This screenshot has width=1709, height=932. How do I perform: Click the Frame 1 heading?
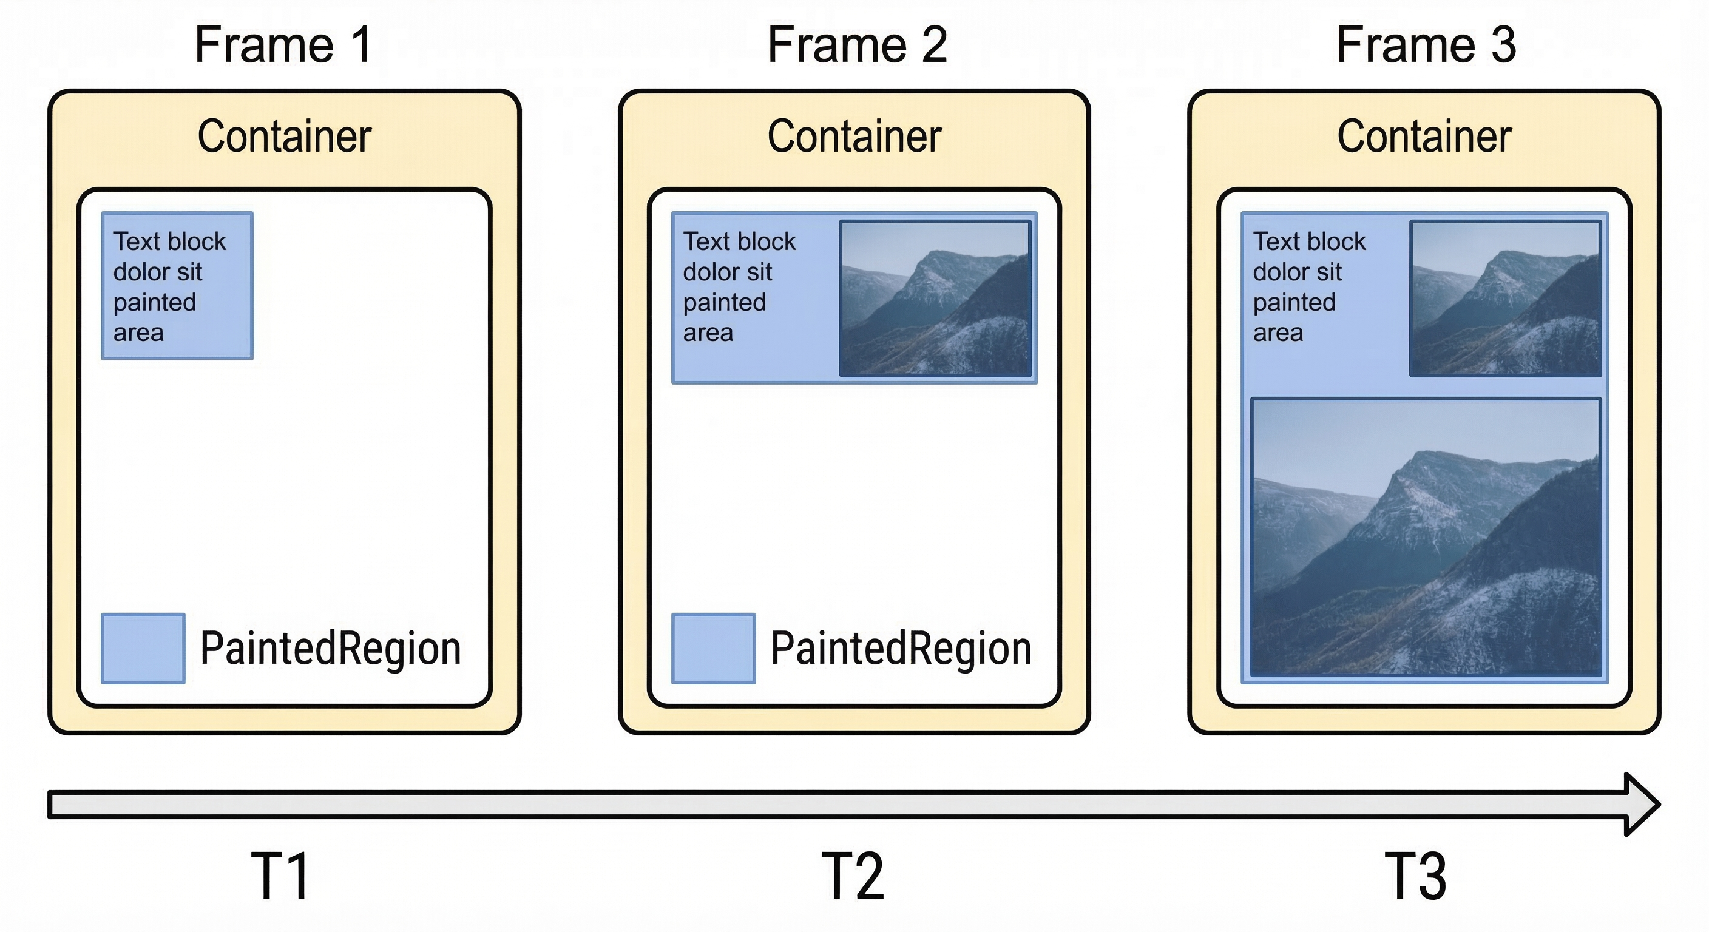(x=283, y=45)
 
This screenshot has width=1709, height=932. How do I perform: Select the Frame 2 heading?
(x=856, y=45)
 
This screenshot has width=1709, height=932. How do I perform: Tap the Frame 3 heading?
(x=1426, y=45)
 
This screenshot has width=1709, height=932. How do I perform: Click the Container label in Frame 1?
(x=284, y=137)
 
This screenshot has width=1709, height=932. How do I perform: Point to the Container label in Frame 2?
(x=854, y=137)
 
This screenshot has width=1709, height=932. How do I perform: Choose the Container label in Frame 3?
(x=1424, y=137)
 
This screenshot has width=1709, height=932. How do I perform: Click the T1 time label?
(x=280, y=876)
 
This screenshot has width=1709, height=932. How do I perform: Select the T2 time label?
(x=853, y=876)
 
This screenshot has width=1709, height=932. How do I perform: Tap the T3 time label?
(x=1415, y=876)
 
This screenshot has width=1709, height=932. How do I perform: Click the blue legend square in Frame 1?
(x=143, y=648)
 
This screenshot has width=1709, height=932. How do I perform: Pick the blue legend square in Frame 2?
(x=713, y=648)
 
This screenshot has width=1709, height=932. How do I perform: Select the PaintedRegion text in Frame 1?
(x=330, y=648)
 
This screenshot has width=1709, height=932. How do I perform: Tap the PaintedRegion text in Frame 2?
(x=900, y=648)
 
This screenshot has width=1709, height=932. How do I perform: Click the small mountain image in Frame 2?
(x=935, y=299)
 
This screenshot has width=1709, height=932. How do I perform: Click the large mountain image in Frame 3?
(x=1426, y=538)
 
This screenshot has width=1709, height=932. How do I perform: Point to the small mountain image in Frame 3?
(x=1504, y=299)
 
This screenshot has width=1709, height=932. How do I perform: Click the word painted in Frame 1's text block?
(x=155, y=303)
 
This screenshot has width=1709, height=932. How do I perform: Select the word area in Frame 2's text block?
(x=708, y=333)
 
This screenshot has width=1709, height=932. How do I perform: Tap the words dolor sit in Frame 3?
(x=1297, y=272)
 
